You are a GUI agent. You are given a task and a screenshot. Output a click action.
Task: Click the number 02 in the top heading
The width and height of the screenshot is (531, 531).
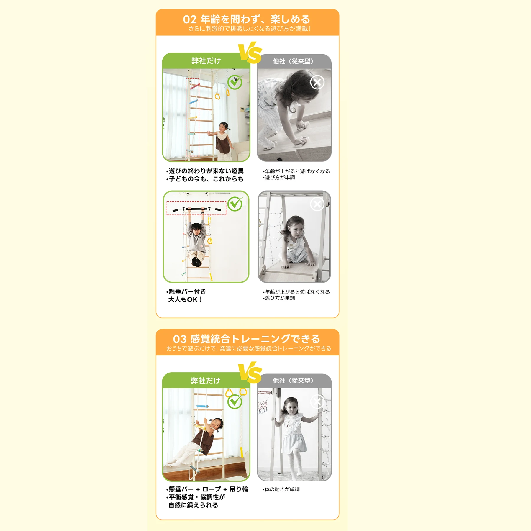[x=189, y=19]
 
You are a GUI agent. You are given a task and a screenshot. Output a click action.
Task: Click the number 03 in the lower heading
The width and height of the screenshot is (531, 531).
[x=180, y=339]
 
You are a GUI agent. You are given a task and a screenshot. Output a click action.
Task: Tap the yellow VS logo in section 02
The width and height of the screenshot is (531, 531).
[x=250, y=53]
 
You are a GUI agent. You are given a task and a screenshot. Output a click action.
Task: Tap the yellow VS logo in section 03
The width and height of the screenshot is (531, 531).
[x=250, y=372]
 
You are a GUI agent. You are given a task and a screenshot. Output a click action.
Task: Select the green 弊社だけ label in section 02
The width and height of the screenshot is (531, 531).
[x=206, y=61]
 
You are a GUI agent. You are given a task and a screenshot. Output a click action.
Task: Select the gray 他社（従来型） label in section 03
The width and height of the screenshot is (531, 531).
[x=293, y=381]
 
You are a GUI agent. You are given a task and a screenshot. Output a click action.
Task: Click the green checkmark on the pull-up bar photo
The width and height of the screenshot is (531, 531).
[x=235, y=204]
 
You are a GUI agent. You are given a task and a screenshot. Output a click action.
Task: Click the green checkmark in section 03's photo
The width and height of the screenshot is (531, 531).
[x=235, y=401]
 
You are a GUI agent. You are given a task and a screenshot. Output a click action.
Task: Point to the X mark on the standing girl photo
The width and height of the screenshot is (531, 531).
[x=317, y=401]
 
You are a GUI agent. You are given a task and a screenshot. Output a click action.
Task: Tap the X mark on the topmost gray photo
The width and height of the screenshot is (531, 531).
[x=317, y=82]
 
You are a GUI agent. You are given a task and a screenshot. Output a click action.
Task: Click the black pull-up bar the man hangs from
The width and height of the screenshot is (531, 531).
[x=196, y=209]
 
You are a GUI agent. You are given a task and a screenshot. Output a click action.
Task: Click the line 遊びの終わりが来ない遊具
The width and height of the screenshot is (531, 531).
[x=205, y=171]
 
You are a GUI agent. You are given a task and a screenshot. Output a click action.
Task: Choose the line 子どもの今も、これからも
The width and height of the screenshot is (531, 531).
[x=205, y=179]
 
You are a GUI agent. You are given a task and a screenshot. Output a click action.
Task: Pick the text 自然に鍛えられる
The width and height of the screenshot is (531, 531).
[x=193, y=505]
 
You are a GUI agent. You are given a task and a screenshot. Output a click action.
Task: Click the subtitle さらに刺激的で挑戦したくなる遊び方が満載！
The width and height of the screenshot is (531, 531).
[x=250, y=29]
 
